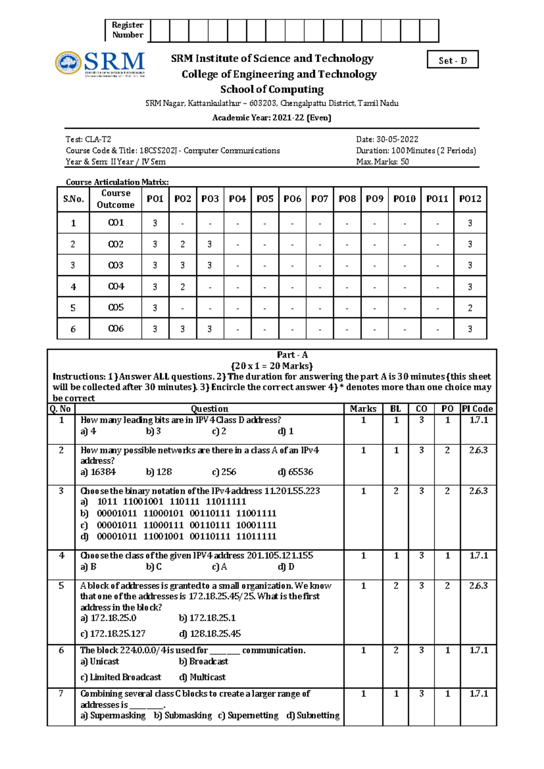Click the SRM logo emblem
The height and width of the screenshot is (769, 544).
pyautogui.click(x=68, y=63)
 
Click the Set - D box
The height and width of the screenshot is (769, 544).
pyautogui.click(x=452, y=60)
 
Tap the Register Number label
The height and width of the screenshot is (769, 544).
pyautogui.click(x=127, y=30)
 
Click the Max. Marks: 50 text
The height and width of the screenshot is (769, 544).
pyautogui.click(x=382, y=162)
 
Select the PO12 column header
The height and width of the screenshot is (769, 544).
pyautogui.click(x=470, y=199)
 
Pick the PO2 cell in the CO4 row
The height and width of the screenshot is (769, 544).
pyautogui.click(x=182, y=287)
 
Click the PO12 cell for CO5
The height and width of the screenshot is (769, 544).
pyautogui.click(x=470, y=308)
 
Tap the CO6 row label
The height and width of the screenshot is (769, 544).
pyautogui.click(x=116, y=329)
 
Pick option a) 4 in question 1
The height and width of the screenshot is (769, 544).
pyautogui.click(x=88, y=431)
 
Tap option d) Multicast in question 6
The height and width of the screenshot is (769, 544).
pyautogui.click(x=202, y=677)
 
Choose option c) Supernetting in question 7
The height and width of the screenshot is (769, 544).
pyautogui.click(x=248, y=715)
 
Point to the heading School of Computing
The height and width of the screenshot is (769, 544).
pyautogui.click(x=272, y=89)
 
